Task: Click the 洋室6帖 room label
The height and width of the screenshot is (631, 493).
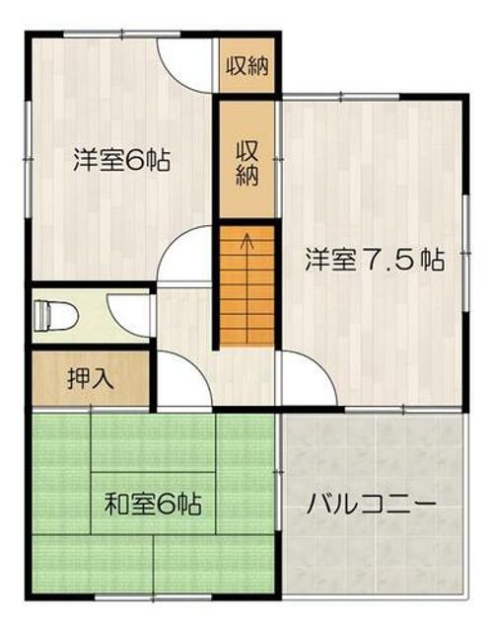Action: [x=121, y=160]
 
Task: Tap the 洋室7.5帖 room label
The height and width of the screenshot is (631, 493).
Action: [x=375, y=260]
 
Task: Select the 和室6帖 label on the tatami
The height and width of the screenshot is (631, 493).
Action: [x=153, y=504]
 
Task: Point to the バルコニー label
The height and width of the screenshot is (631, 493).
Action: [x=372, y=504]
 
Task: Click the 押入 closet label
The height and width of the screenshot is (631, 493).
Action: [x=91, y=378]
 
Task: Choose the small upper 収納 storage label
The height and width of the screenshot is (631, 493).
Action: [x=246, y=65]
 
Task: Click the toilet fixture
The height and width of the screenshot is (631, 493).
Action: [x=55, y=315]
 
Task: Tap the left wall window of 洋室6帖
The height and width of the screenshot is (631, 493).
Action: [x=29, y=160]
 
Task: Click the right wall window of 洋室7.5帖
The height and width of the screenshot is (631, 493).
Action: [x=465, y=253]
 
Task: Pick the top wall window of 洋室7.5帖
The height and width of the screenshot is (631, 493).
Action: [x=340, y=97]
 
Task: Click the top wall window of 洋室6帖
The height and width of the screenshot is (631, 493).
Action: [x=122, y=35]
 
